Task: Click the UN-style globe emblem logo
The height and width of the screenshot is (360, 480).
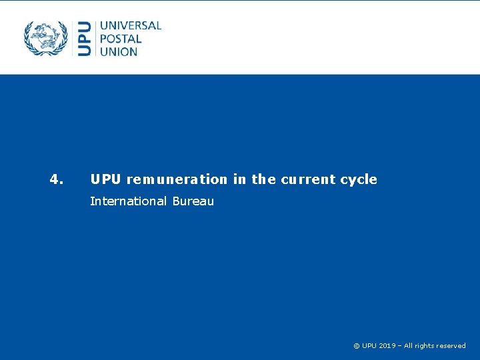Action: coord(46,38)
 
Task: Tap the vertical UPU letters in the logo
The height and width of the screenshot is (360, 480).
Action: coord(85,38)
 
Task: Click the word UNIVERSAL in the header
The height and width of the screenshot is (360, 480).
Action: coord(131,25)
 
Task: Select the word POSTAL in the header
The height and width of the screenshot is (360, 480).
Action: coord(121,38)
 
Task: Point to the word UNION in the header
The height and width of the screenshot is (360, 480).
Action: coord(119,51)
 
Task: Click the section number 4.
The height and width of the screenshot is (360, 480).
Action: coord(57,179)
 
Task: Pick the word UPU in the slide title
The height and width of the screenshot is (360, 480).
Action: coord(105,179)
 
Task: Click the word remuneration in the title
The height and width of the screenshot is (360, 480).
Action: coord(177,179)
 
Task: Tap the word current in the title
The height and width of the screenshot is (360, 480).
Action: coord(309,179)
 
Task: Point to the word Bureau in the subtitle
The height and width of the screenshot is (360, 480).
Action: coord(193,201)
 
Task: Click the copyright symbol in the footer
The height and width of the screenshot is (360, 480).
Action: coord(356,345)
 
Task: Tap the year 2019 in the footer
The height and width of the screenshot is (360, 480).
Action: coord(387,345)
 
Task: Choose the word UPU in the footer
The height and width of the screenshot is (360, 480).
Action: coord(369,345)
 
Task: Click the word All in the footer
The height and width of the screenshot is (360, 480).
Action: coord(409,345)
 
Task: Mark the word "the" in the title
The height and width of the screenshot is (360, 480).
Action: coord(263,179)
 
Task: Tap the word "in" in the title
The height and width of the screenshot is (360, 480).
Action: coord(239,179)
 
